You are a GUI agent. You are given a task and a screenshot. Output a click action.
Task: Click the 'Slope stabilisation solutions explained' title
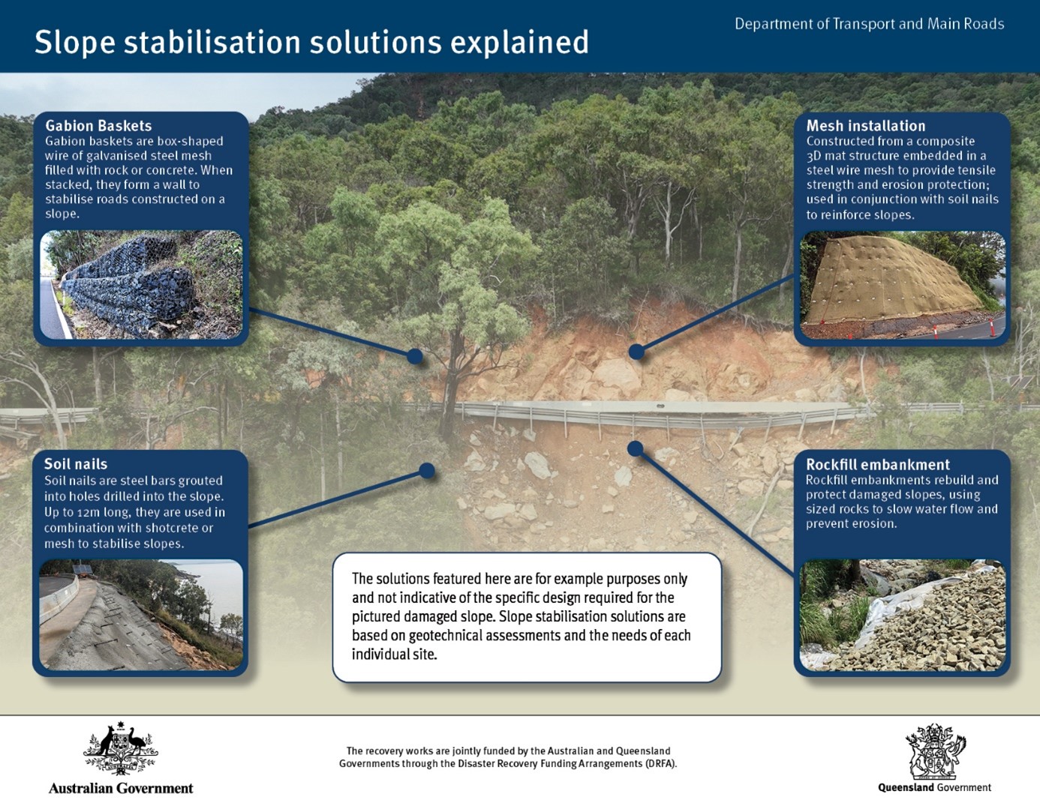(x=311, y=42)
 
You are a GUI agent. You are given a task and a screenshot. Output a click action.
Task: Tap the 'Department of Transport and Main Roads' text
(x=869, y=24)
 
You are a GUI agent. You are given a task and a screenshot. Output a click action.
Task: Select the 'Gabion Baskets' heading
(x=98, y=126)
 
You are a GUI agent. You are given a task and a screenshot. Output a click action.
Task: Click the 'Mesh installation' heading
(x=865, y=126)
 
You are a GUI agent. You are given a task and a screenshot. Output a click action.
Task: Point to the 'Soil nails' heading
(x=76, y=464)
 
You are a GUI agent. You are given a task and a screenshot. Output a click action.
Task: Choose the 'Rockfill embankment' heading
(x=877, y=465)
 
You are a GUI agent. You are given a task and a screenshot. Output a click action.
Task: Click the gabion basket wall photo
(x=141, y=285)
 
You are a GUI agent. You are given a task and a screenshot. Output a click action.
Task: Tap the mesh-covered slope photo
(x=902, y=285)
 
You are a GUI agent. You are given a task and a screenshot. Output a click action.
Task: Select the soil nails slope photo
(x=141, y=615)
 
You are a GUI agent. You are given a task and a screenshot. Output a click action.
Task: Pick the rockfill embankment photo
(x=902, y=615)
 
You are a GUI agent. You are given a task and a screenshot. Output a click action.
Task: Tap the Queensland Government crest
(x=935, y=751)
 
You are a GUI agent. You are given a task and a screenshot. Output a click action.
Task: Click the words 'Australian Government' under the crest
(x=121, y=788)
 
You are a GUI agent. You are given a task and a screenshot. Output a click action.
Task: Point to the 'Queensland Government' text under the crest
(x=934, y=787)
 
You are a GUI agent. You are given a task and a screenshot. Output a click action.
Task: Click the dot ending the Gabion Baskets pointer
(x=415, y=356)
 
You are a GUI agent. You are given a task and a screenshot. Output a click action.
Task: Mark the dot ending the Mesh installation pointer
(x=636, y=352)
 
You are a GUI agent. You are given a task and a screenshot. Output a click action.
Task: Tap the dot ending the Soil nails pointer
(x=427, y=471)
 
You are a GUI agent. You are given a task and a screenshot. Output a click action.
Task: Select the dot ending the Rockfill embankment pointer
(x=635, y=448)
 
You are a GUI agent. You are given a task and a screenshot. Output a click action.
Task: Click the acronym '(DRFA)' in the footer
(x=660, y=764)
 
